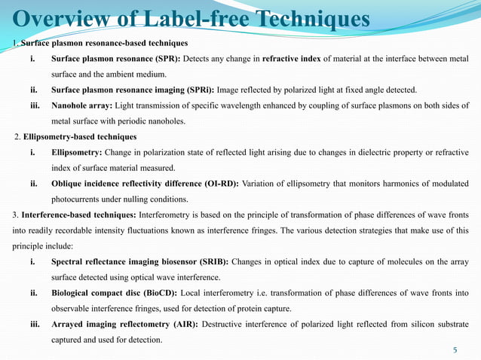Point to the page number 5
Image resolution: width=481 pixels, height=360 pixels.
pyautogui.click(x=455, y=350)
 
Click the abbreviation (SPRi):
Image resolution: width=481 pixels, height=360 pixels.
pyautogui.click(x=195, y=90)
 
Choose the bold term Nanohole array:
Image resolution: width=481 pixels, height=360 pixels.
pyautogui.click(x=81, y=106)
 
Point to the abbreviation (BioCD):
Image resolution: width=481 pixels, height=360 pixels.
pyautogui.click(x=163, y=294)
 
